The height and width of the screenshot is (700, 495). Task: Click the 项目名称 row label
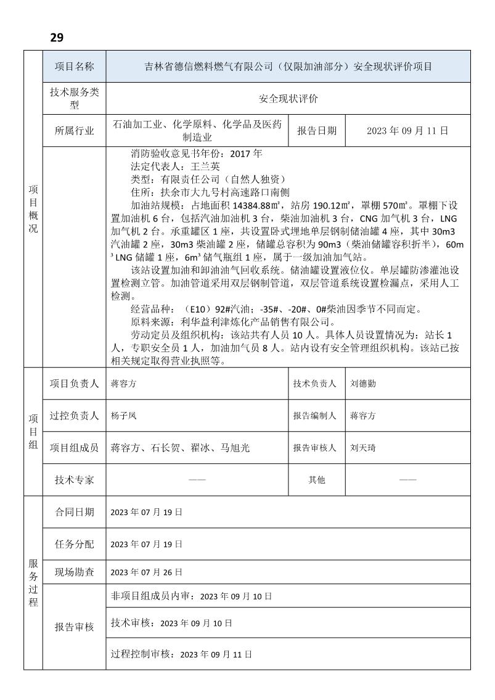point(74,67)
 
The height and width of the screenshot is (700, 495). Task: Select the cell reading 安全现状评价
point(288,99)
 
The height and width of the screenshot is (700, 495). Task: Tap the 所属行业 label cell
point(74,131)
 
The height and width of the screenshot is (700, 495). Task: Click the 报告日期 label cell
point(317,131)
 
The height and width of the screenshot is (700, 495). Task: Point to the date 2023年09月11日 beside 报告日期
point(407,131)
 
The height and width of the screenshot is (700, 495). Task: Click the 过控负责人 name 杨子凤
point(124,416)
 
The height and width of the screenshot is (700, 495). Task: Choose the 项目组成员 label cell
point(74,448)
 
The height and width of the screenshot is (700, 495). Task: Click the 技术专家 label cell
point(74,480)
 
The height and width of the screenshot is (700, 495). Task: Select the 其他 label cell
point(317,480)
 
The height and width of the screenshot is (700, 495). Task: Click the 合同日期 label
point(74,512)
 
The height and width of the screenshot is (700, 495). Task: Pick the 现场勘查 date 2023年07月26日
point(147,572)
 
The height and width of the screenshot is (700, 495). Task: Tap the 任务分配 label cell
point(74,544)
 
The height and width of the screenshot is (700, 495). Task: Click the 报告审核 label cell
point(74,627)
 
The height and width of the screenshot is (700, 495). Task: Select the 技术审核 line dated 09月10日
point(171,624)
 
